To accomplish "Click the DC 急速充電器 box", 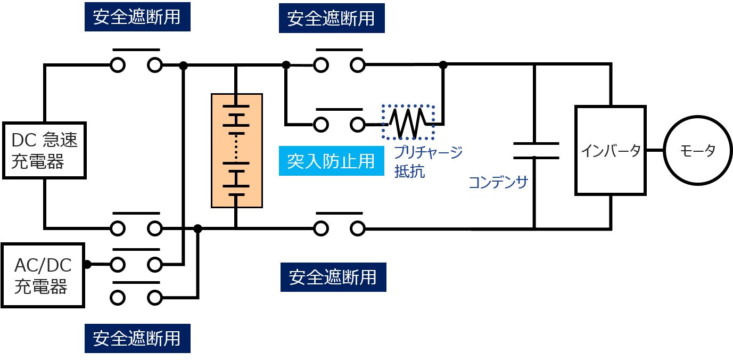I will pyautogui.click(x=45, y=150).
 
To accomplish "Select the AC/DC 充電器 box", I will pyautogui.click(x=43, y=275).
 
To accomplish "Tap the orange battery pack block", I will pyautogui.click(x=237, y=151).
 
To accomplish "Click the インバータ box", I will pyautogui.click(x=611, y=151).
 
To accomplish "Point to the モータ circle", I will pyautogui.click(x=697, y=151).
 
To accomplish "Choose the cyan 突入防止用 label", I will pyautogui.click(x=331, y=161).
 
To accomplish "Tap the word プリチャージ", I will pyautogui.click(x=429, y=152).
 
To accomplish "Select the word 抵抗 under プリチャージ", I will pyautogui.click(x=409, y=171).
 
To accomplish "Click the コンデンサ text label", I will pyautogui.click(x=498, y=183).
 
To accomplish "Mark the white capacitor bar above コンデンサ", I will pyautogui.click(x=536, y=151).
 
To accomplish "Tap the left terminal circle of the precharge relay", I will pyautogui.click(x=321, y=125).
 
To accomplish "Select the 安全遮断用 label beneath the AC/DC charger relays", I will pyautogui.click(x=137, y=338).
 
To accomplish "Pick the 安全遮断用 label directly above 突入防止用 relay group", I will pyautogui.click(x=332, y=19).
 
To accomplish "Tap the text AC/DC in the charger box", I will pyautogui.click(x=43, y=265).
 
